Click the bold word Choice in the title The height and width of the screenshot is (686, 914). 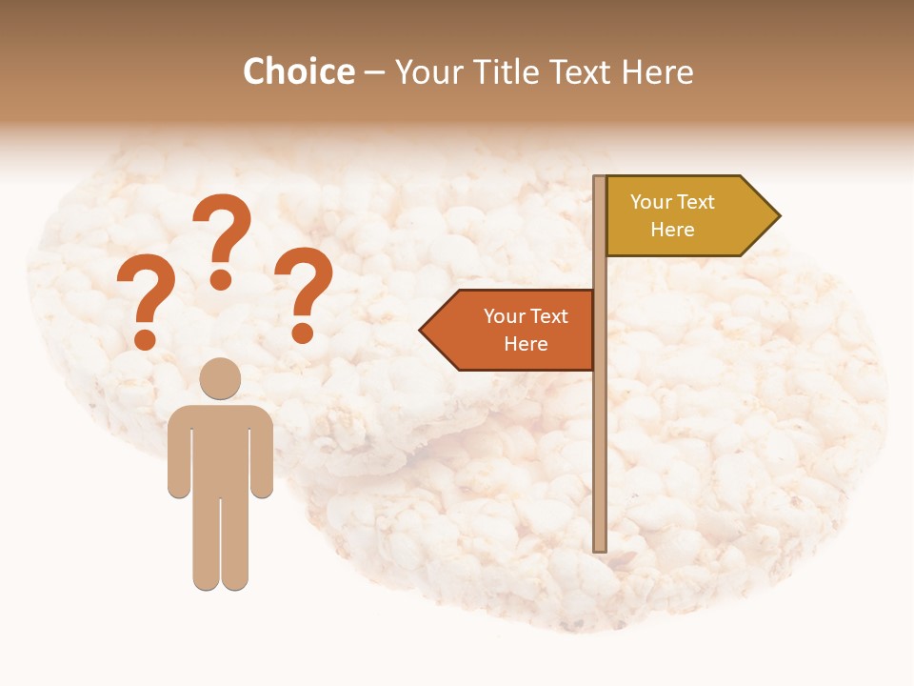coord(298,71)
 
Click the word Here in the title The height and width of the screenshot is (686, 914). coord(658,71)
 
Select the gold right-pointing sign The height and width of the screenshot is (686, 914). coord(685,216)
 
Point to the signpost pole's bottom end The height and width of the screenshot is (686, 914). coord(600,547)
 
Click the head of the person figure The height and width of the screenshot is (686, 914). coord(220,378)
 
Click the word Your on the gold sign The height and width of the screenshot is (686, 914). coord(651,202)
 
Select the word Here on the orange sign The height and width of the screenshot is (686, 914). coord(526,344)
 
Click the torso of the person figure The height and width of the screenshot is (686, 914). coord(220,448)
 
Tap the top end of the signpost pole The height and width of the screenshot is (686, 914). coord(600,179)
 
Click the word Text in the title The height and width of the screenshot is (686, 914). coord(581,71)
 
